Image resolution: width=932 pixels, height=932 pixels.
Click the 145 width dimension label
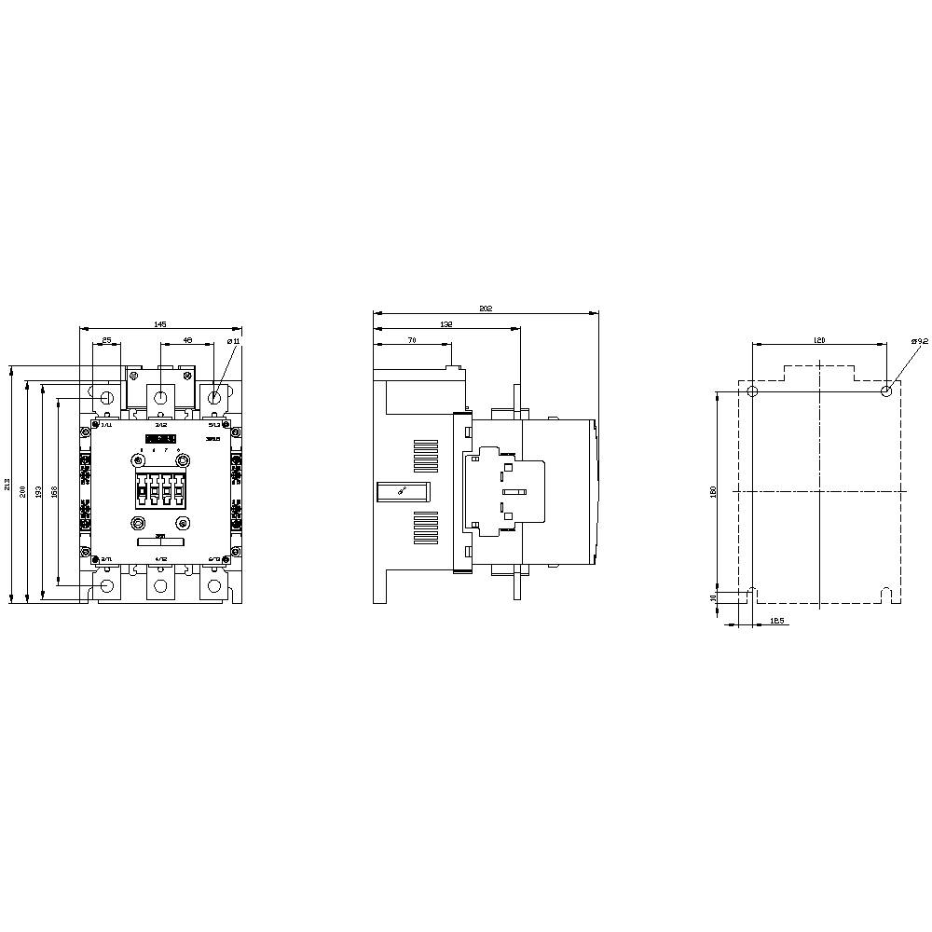click(x=159, y=323)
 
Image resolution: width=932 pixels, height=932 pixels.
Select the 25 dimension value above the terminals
click(x=107, y=340)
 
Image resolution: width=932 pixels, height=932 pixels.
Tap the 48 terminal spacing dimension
click(x=187, y=340)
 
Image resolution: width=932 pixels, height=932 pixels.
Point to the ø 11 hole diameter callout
click(x=234, y=341)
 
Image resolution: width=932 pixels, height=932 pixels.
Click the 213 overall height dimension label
click(x=7, y=485)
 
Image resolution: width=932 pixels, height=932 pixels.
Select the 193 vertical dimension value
click(x=38, y=490)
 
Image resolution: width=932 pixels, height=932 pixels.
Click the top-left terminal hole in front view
click(x=107, y=398)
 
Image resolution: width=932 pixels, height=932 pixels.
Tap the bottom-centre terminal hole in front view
click(x=161, y=586)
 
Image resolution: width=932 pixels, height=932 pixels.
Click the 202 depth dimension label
click(x=485, y=308)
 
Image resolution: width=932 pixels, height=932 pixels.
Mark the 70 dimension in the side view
click(x=411, y=340)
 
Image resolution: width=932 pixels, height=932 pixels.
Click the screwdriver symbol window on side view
click(x=402, y=491)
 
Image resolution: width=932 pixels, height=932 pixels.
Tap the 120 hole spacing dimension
click(x=819, y=340)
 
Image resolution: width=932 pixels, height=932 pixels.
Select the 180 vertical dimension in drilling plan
click(x=713, y=490)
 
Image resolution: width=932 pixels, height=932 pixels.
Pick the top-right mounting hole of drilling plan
click(x=886, y=391)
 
